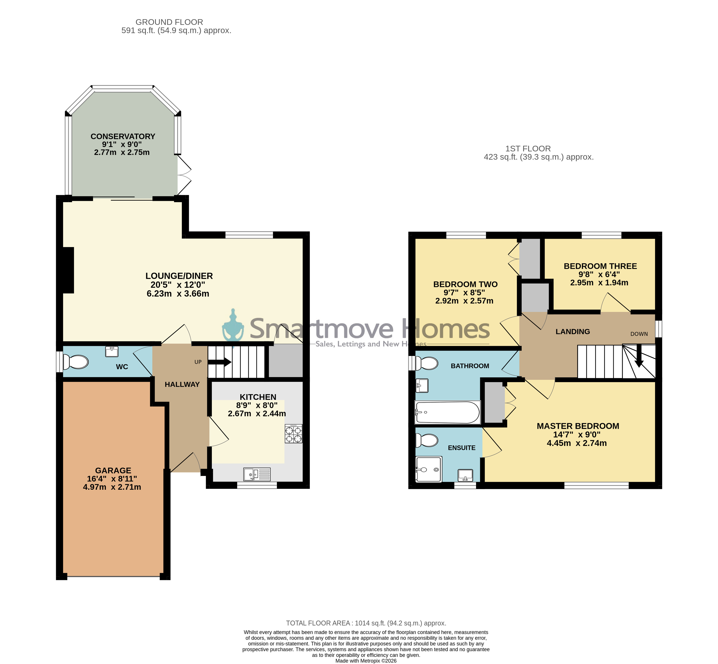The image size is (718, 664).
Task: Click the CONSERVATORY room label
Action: click(x=123, y=137)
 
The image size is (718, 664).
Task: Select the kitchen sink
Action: click(x=257, y=474)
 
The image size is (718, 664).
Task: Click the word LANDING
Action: click(x=573, y=332)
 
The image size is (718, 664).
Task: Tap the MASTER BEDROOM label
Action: click(x=578, y=426)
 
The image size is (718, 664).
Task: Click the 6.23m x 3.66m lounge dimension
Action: click(x=178, y=294)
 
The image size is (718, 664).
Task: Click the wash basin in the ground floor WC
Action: click(x=112, y=351)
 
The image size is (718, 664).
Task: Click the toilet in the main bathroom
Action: click(x=427, y=363)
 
